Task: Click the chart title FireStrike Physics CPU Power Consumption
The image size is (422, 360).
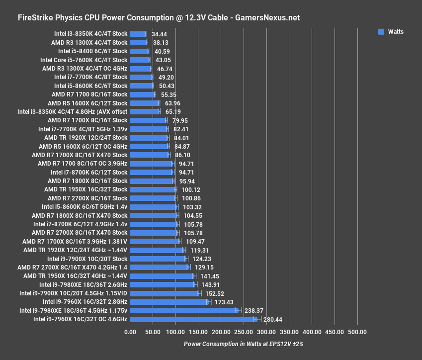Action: click(x=159, y=18)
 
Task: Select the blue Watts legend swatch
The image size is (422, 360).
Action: click(x=381, y=32)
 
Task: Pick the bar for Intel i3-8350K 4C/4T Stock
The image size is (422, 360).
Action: click(x=138, y=34)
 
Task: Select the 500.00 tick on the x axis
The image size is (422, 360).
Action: click(x=357, y=332)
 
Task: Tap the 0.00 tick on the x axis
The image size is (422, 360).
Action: click(x=130, y=332)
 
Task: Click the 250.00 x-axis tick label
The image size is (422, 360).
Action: click(x=244, y=332)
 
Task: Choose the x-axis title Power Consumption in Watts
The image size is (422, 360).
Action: click(x=243, y=344)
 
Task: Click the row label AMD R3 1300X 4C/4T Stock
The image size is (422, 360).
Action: click(x=89, y=43)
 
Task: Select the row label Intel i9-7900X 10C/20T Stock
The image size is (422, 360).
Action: click(x=87, y=259)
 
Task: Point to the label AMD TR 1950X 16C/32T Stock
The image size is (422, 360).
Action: click(x=85, y=189)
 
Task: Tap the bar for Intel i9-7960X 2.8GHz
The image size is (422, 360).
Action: click(x=169, y=302)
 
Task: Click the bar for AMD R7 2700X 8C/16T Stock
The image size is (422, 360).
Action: click(x=153, y=198)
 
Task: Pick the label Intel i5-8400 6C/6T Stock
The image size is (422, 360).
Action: click(x=92, y=51)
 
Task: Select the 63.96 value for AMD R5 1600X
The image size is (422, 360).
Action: click(x=173, y=103)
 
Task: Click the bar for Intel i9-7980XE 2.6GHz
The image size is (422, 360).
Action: click(x=163, y=284)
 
